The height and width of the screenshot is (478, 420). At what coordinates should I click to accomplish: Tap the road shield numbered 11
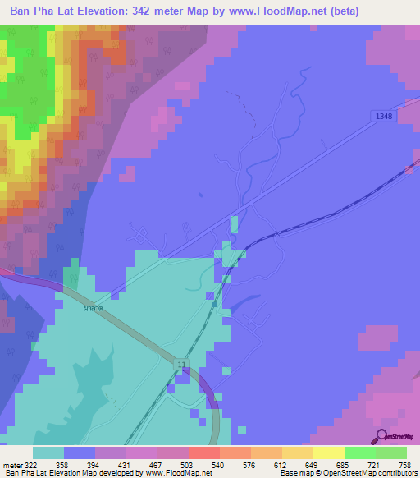point(180,362)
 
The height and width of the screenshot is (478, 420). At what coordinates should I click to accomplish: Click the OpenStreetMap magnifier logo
point(381,435)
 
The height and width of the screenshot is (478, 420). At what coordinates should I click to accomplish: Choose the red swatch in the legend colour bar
point(203,453)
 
